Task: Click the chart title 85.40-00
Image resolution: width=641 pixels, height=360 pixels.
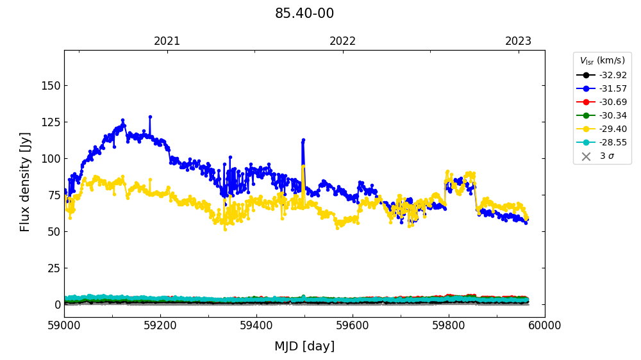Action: [x=304, y=13]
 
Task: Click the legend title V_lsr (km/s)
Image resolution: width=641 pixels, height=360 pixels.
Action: [x=602, y=61]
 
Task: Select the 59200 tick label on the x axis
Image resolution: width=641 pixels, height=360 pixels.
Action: [x=160, y=325]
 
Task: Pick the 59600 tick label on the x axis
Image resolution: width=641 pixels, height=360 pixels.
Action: [x=353, y=325]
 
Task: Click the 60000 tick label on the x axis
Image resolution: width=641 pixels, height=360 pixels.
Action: [x=545, y=325]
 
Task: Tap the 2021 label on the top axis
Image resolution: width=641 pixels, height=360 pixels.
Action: [x=167, y=41]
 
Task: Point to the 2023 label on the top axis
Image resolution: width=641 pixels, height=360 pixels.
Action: [x=518, y=41]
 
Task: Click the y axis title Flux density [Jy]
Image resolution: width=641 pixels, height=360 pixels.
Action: [x=25, y=182]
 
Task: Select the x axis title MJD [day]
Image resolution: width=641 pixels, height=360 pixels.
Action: [x=304, y=347]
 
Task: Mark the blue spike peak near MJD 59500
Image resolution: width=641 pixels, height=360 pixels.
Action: [x=303, y=139]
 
